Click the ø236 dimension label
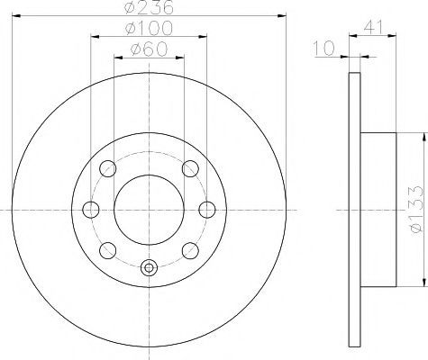point(149,7)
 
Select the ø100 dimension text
point(149,28)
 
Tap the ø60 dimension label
point(149,49)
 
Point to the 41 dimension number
point(374,27)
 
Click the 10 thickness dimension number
point(323,49)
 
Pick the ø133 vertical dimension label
point(416,209)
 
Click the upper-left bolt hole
point(108,168)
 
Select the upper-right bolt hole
point(190,168)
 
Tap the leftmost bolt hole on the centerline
point(91,210)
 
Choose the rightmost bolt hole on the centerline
point(207,210)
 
